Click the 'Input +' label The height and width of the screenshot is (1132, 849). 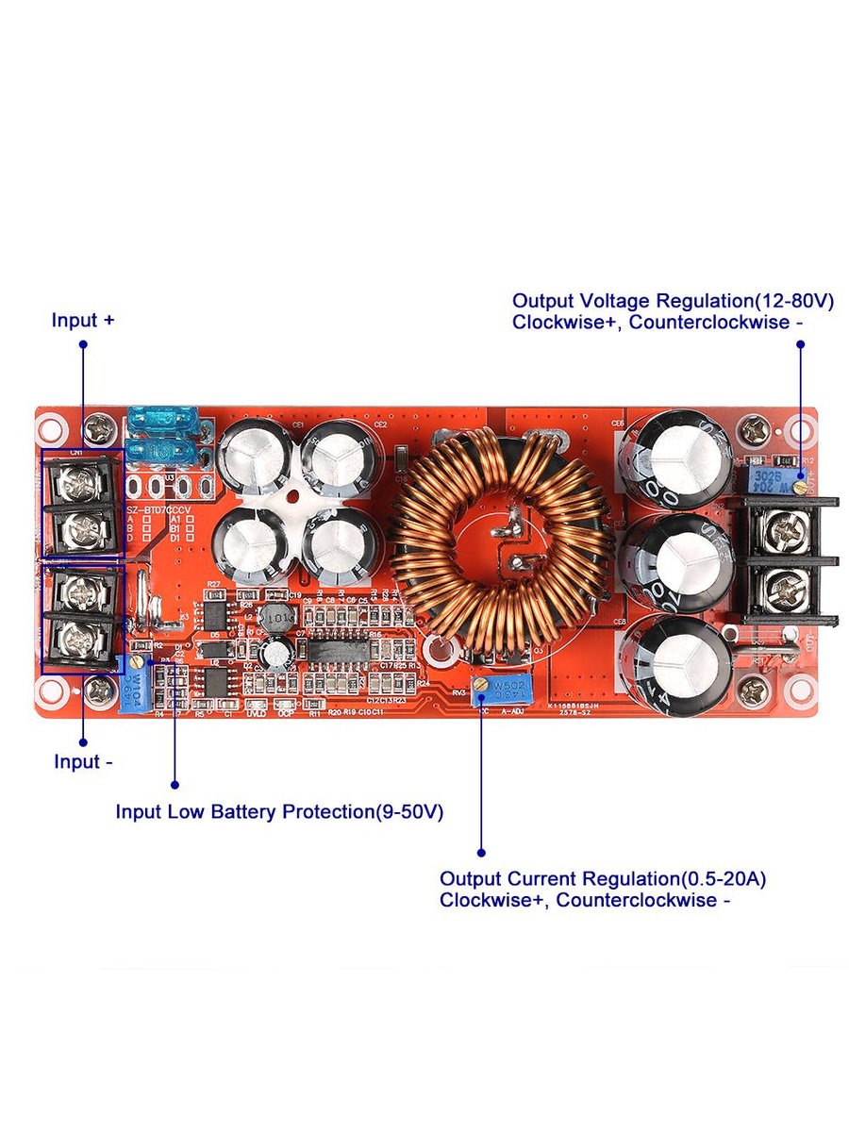(x=83, y=321)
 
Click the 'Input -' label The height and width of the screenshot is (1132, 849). (x=83, y=762)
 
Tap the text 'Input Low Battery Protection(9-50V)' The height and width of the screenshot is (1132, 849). (x=279, y=811)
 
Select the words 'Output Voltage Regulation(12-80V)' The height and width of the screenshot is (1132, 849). (x=673, y=301)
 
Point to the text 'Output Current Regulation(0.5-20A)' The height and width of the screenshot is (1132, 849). (x=603, y=879)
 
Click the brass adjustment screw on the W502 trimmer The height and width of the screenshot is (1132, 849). (x=482, y=683)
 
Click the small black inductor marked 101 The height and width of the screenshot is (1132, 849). (x=276, y=619)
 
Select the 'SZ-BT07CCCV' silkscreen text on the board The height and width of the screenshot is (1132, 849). (x=158, y=509)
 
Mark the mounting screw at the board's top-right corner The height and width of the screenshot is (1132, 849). (x=755, y=431)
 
